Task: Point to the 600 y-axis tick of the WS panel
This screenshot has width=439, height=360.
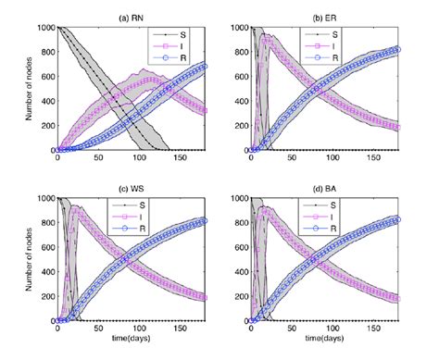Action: click(x=47, y=247)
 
